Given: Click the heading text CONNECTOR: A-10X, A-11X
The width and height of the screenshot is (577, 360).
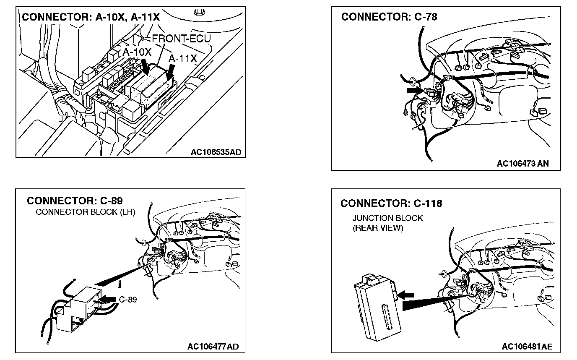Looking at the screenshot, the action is pyautogui.click(x=91, y=17).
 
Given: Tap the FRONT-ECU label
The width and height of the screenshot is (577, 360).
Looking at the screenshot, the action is pyautogui.click(x=181, y=39).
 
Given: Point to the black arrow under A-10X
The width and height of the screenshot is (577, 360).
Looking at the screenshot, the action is pyautogui.click(x=146, y=66).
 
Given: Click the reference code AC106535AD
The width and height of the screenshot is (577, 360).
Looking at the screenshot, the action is pyautogui.click(x=216, y=152).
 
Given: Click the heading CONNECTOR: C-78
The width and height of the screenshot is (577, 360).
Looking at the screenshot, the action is pyautogui.click(x=389, y=17).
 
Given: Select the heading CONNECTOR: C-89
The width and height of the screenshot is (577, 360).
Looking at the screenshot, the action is pyautogui.click(x=75, y=201).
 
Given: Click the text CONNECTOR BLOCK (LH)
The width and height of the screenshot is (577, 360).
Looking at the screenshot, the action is pyautogui.click(x=86, y=212).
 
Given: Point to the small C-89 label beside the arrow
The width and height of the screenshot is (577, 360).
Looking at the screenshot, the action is pyautogui.click(x=128, y=300).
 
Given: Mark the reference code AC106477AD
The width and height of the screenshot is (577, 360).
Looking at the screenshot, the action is pyautogui.click(x=213, y=347).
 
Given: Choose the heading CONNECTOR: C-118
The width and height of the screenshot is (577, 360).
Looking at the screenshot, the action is pyautogui.click(x=391, y=203).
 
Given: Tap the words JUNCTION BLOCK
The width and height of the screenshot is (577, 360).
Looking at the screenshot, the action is pyautogui.click(x=387, y=218).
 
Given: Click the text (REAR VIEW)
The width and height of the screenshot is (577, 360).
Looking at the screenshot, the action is pyautogui.click(x=378, y=228).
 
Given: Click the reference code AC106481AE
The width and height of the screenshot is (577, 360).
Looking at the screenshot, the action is pyautogui.click(x=527, y=347).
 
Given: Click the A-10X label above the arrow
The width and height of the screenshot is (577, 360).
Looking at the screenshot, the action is pyautogui.click(x=137, y=52).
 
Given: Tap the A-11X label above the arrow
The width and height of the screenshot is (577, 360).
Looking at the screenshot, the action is pyautogui.click(x=182, y=59).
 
